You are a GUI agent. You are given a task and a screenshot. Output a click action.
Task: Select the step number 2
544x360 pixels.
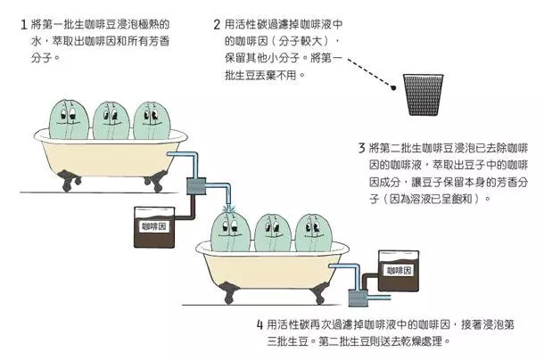pos(218,25)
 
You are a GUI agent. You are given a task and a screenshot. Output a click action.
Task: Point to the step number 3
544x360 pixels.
pos(361,147)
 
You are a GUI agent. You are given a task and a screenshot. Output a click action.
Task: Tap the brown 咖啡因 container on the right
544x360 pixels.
pos(396,271)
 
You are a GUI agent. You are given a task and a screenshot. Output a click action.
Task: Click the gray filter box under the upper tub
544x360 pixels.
pos(196,187)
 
